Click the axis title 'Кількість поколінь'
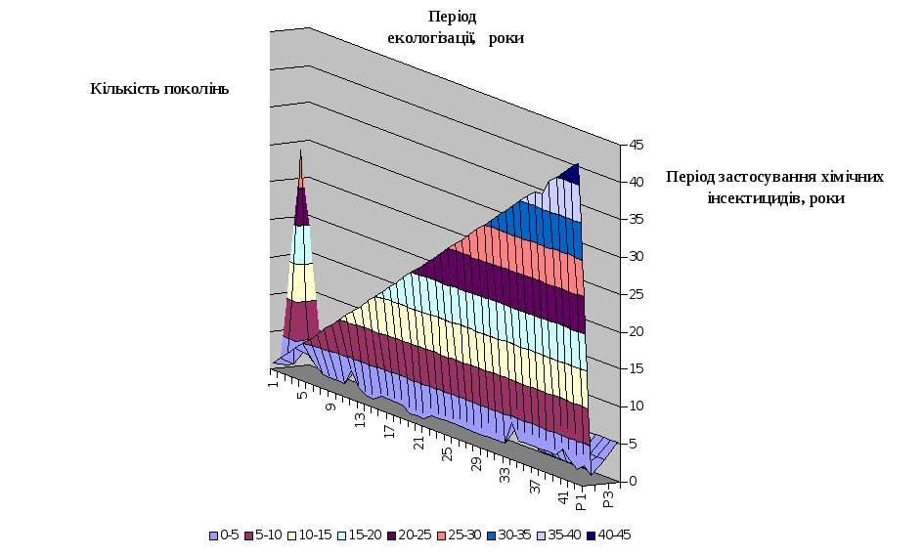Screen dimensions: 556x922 pos(159,89)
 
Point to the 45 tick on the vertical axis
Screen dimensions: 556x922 pos(635,145)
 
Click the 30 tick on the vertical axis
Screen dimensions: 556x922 pos(635,257)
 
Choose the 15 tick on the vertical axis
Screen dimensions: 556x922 pos(635,369)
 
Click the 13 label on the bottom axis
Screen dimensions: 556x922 pos(360,420)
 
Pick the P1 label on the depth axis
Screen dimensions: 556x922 pos(580,506)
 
